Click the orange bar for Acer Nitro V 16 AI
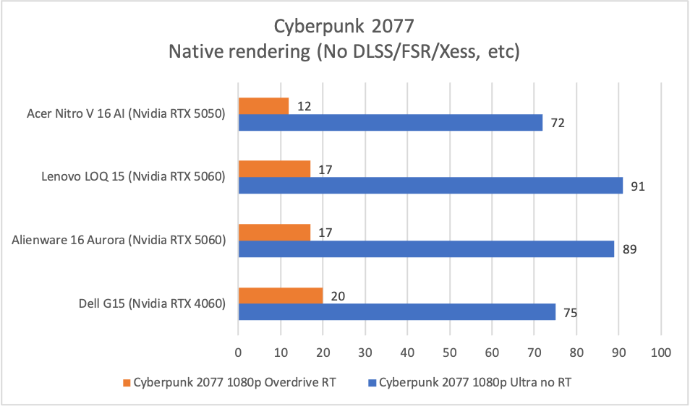(263, 106)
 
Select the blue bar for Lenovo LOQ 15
(430, 186)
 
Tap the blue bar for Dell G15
(396, 311)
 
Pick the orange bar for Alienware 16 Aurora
(274, 232)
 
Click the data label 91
(636, 186)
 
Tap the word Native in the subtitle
(195, 52)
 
